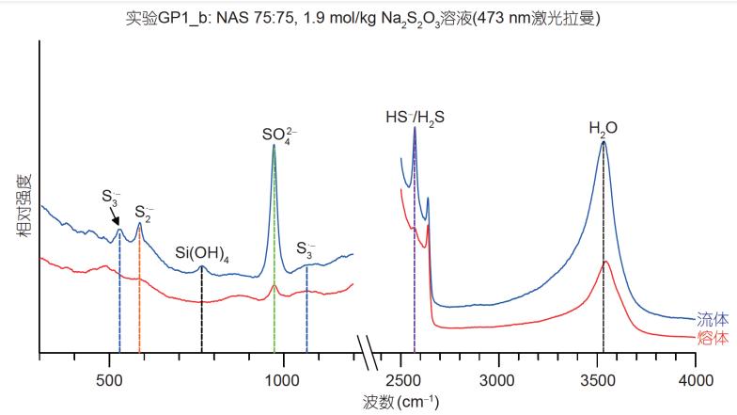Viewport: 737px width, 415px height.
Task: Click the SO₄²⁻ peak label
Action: (x=274, y=134)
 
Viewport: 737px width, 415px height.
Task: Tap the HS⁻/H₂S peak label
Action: (x=415, y=119)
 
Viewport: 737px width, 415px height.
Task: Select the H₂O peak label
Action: (x=603, y=129)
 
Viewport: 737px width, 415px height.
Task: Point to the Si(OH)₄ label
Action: (x=202, y=253)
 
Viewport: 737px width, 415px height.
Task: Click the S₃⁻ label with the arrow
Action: (x=110, y=197)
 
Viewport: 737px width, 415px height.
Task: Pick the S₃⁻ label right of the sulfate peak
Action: (x=306, y=249)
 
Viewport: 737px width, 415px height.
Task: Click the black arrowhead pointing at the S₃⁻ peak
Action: (x=118, y=223)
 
